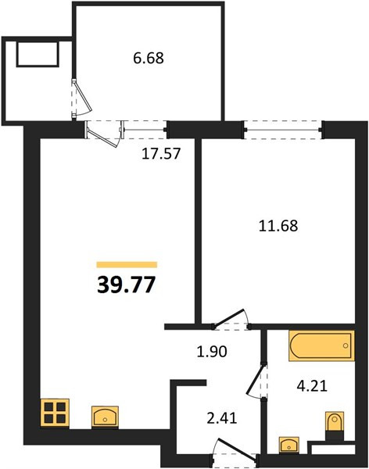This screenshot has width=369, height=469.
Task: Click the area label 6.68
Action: coord(149,58)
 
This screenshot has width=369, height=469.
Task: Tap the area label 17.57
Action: coord(161,154)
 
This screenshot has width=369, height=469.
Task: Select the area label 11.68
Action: coord(278,226)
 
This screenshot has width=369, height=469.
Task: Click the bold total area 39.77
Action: coord(127,285)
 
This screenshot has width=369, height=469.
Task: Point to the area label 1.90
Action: coord(212,352)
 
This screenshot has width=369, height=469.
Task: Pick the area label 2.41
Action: coord(222,418)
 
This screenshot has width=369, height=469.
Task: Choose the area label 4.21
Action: coord(312,386)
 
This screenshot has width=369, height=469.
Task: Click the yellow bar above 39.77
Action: coord(127,264)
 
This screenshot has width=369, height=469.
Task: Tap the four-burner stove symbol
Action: coord(55,413)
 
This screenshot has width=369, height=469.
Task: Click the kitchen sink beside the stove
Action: coord(105,416)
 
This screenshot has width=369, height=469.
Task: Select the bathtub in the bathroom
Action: coord(322,345)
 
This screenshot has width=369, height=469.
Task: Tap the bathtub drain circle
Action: coord(346,345)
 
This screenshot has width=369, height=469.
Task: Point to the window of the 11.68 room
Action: coord(283,130)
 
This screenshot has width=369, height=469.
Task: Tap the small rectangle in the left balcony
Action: coord(37,54)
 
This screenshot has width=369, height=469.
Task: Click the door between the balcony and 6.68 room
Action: coord(81,98)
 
